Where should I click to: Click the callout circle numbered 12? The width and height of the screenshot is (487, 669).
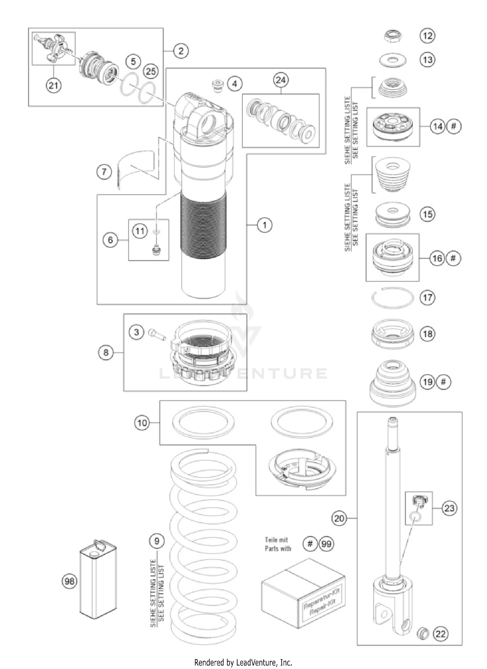pyautogui.click(x=427, y=35)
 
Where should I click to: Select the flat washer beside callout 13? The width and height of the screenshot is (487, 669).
pyautogui.click(x=393, y=60)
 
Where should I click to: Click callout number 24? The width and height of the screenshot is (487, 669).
pyautogui.click(x=281, y=80)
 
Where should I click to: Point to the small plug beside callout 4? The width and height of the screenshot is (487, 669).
pyautogui.click(x=217, y=86)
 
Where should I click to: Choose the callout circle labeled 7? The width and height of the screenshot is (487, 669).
pyautogui.click(x=104, y=171)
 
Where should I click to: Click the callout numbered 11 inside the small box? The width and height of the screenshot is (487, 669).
pyautogui.click(x=140, y=231)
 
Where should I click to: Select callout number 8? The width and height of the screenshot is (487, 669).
pyautogui.click(x=106, y=352)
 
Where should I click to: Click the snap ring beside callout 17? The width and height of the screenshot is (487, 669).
pyautogui.click(x=393, y=297)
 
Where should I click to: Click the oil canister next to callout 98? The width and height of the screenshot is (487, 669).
pyautogui.click(x=98, y=581)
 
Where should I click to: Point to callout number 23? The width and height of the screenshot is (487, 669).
pyautogui.click(x=449, y=508)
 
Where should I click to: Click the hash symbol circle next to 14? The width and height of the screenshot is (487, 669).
pyautogui.click(x=454, y=126)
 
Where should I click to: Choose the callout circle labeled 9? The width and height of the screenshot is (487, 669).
pyautogui.click(x=157, y=541)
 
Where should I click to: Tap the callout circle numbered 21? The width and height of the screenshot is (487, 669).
pyautogui.click(x=53, y=85)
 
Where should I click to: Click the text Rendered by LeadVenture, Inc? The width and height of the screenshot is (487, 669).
pyautogui.click(x=243, y=662)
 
